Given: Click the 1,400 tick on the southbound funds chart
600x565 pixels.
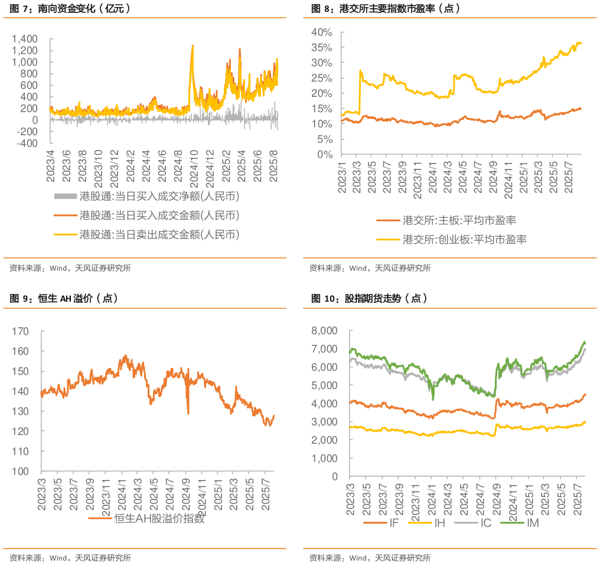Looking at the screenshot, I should point(25,39).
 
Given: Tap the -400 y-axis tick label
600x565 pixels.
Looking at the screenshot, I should point(27,143).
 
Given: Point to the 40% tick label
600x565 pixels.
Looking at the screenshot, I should point(324,32).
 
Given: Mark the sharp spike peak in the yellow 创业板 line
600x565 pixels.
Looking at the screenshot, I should point(360,70).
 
